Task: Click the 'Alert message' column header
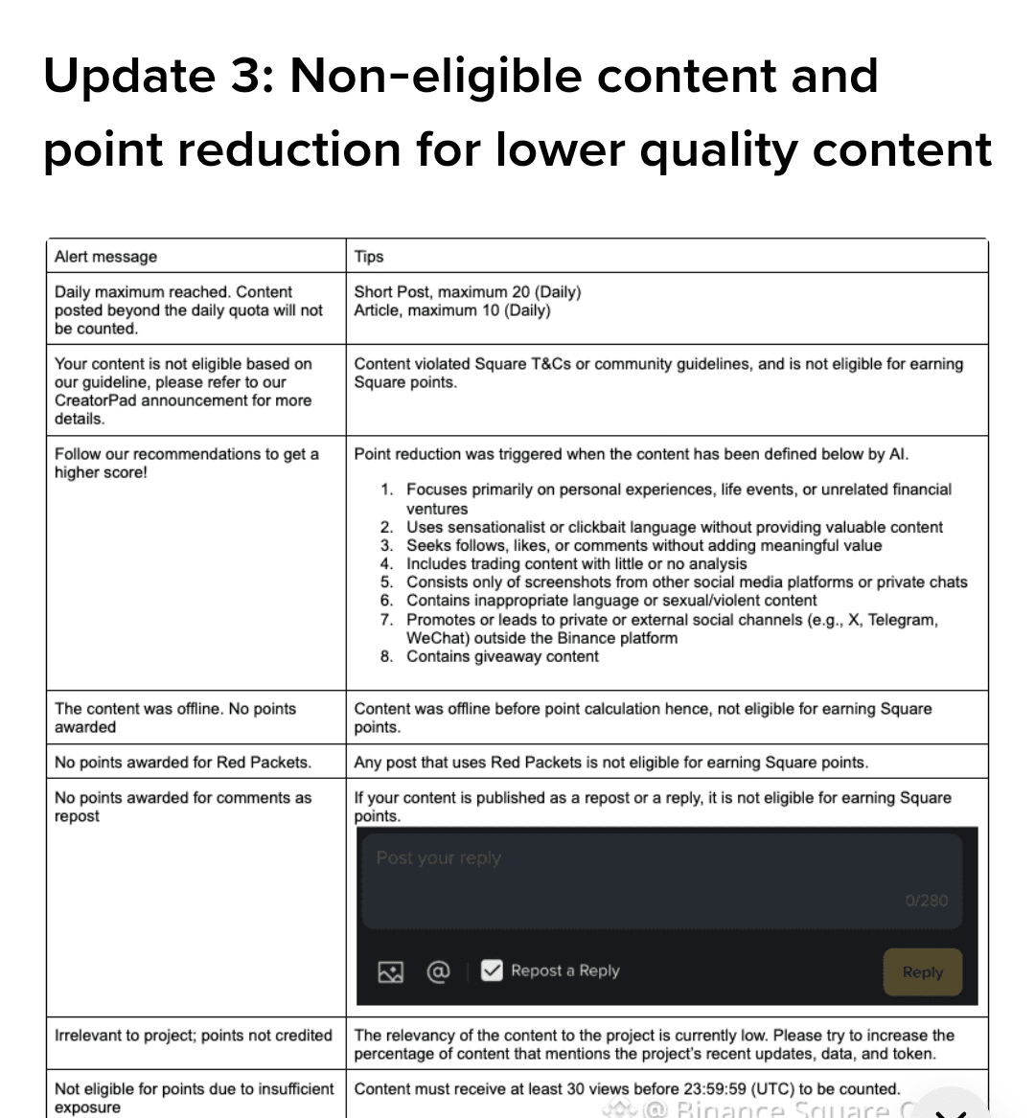click(105, 257)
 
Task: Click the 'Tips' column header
click(369, 257)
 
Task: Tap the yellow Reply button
click(922, 972)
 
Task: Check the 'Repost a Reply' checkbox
click(492, 970)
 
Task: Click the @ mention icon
click(437, 971)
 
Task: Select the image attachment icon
click(390, 972)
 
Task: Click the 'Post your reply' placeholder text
click(438, 858)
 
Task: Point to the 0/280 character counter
click(926, 901)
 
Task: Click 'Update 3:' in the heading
click(159, 77)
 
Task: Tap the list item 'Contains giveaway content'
click(502, 657)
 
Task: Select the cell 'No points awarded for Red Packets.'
click(183, 763)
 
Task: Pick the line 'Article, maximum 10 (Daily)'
click(452, 310)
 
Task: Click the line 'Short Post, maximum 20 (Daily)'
click(467, 292)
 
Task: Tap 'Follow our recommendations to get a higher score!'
click(186, 463)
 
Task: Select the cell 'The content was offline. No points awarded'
click(175, 718)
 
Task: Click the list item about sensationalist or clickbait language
click(674, 528)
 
